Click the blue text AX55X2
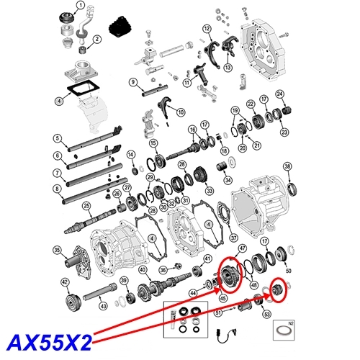click(x=48, y=338)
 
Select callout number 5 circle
click(x=56, y=138)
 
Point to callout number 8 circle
click(x=56, y=190)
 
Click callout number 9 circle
click(x=133, y=82)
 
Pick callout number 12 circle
click(x=207, y=29)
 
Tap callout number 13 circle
click(x=228, y=68)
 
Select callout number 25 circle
click(x=86, y=206)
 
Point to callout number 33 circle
click(x=210, y=192)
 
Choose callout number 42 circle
click(x=65, y=282)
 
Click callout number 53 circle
click(x=266, y=315)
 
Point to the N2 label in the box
click(x=289, y=325)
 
